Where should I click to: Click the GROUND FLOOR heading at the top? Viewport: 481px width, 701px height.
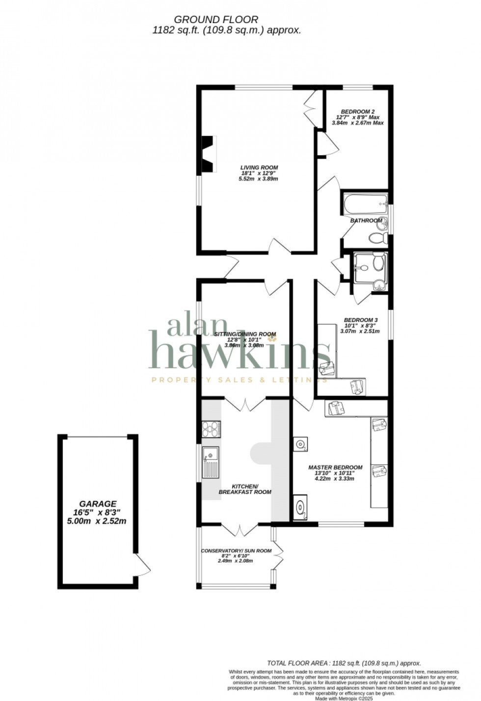[216, 20]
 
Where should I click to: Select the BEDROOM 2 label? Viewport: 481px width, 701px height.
[358, 111]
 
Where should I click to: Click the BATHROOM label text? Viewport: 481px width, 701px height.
[366, 221]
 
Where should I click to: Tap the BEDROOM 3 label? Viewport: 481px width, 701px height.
[360, 320]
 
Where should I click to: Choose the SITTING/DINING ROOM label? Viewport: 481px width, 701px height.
[245, 334]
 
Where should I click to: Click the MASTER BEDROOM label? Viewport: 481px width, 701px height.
[335, 467]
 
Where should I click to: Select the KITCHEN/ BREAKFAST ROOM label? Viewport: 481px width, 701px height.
[245, 489]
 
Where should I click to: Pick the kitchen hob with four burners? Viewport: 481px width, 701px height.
[211, 430]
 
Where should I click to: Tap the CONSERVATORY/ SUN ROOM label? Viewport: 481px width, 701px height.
[236, 551]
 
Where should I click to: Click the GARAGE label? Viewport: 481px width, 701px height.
[98, 504]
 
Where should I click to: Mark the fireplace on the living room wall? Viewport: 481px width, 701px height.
[208, 154]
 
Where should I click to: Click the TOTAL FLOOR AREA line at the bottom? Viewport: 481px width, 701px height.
[344, 663]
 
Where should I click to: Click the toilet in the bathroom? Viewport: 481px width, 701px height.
[378, 238]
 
